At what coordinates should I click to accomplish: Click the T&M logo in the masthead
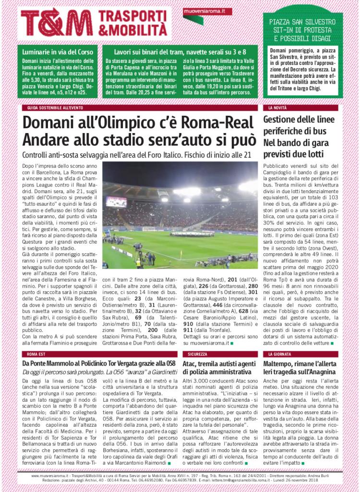pyautogui.click(x=56, y=23)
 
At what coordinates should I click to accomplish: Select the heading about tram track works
pyautogui.click(x=180, y=51)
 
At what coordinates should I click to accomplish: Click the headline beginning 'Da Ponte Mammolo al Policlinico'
pyautogui.click(x=96, y=364)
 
